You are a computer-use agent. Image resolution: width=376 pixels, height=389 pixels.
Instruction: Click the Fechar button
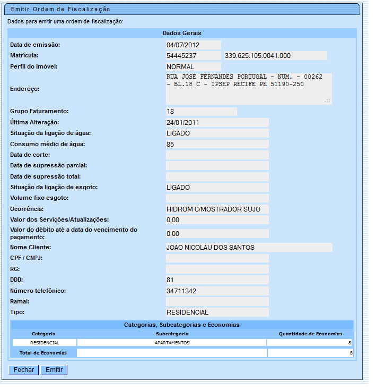click(x=24, y=370)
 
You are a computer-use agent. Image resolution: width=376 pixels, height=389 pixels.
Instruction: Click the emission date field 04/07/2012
click(x=193, y=45)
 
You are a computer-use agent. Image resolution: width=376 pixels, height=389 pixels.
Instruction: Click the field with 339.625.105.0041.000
click(x=275, y=55)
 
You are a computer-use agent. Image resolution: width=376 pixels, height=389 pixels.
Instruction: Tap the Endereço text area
click(x=248, y=89)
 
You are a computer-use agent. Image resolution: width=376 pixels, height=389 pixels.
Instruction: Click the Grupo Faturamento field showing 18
click(x=201, y=112)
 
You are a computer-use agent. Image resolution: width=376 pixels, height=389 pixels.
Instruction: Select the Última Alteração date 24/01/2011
click(x=217, y=122)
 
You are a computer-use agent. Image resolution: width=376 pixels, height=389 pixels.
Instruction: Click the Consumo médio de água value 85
click(x=217, y=144)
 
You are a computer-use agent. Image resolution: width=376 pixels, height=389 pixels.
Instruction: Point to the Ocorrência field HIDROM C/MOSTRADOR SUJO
click(x=217, y=209)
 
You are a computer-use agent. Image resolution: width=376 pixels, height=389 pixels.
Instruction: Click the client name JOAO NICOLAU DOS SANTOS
click(x=249, y=247)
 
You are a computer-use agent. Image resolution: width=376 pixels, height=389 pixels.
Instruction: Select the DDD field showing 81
click(x=217, y=280)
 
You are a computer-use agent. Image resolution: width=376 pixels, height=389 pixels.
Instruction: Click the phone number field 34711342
click(x=217, y=291)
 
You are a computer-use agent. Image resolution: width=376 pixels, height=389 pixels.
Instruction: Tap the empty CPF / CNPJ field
click(x=217, y=258)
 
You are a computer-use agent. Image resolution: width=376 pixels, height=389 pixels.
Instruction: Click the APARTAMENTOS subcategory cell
click(x=172, y=343)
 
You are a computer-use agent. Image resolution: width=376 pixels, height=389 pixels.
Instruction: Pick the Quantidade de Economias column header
click(x=310, y=334)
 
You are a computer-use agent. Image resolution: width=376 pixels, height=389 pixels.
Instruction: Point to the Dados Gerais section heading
click(x=181, y=33)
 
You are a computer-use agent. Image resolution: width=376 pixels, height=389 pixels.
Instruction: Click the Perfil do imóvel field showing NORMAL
click(x=193, y=67)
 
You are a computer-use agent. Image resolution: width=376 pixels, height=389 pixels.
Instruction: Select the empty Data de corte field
click(x=217, y=155)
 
